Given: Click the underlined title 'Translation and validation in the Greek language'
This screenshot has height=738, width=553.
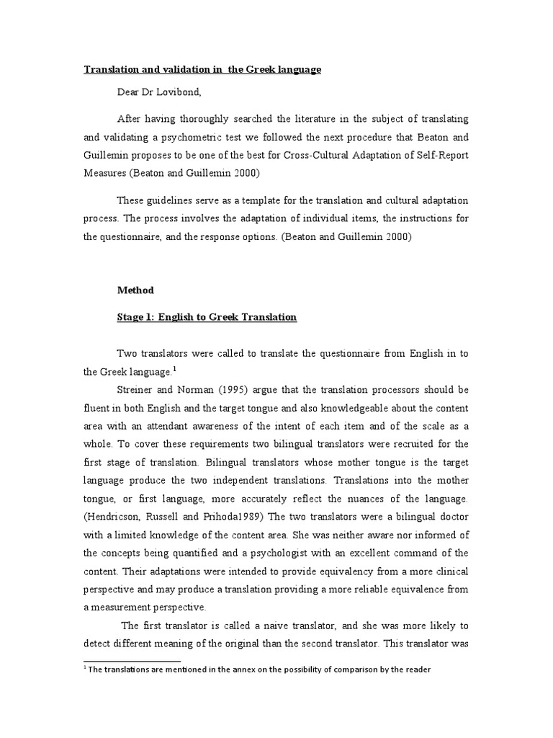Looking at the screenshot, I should (x=202, y=69).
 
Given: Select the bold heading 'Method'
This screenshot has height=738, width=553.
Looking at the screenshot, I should (x=136, y=290).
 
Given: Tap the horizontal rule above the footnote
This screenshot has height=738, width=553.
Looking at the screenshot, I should (x=132, y=660).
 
